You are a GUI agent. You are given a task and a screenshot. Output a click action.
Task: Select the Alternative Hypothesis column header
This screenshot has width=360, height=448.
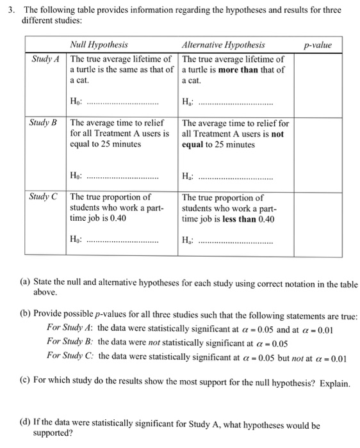(x=224, y=45)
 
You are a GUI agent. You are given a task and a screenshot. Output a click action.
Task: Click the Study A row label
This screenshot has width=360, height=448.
(x=45, y=59)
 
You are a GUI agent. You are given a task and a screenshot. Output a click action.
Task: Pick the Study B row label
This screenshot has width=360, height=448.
(x=45, y=122)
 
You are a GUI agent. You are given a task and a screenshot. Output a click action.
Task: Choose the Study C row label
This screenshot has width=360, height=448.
(x=45, y=197)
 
